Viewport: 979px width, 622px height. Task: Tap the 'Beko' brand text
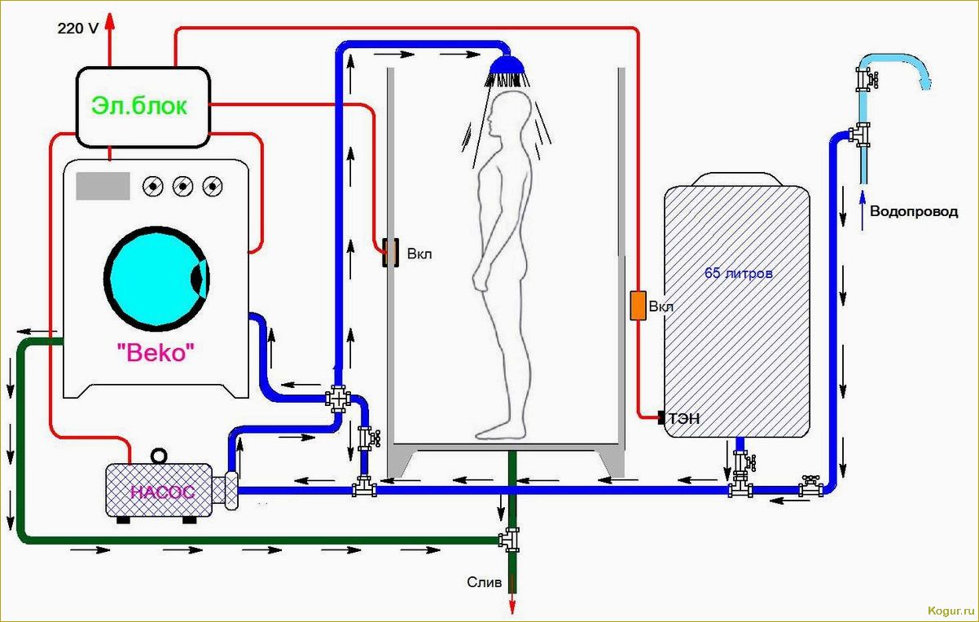pos(156,353)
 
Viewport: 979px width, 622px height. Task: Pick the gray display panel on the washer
pos(103,186)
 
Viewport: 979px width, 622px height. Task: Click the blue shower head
pos(508,65)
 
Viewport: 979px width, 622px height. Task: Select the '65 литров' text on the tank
pos(738,274)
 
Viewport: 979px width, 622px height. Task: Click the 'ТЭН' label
pos(684,419)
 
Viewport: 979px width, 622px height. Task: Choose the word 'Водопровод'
pos(914,211)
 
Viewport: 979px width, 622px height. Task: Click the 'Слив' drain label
pos(484,582)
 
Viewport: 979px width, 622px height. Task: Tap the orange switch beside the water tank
pos(637,305)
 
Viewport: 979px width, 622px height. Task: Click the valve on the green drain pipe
pos(510,539)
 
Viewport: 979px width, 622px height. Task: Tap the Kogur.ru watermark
pos(950,611)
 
